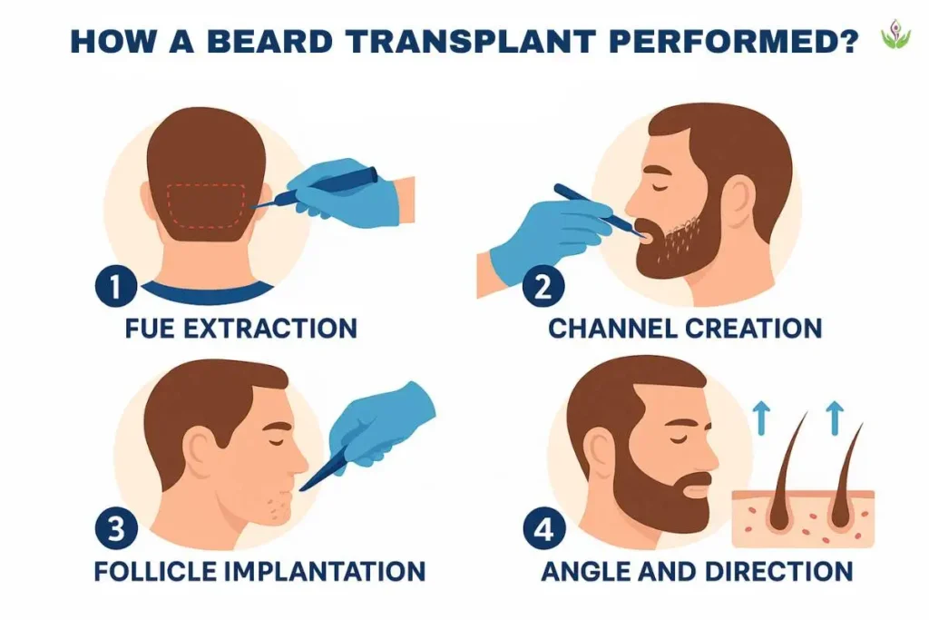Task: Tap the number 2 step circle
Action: (x=543, y=287)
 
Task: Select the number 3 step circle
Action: (x=115, y=529)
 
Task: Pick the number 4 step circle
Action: (x=543, y=529)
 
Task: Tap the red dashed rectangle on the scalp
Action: (x=208, y=205)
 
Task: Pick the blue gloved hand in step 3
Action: (x=379, y=422)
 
